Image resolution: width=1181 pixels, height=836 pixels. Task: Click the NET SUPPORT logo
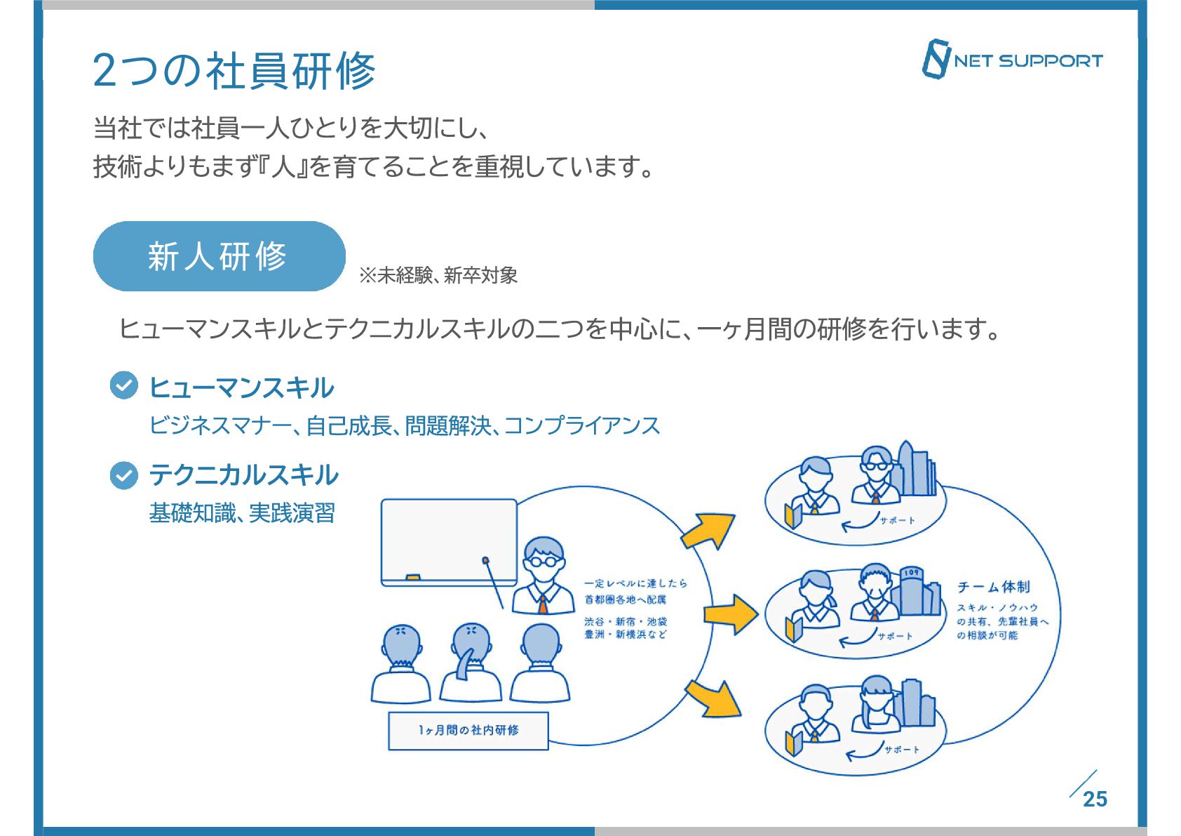(x=1011, y=60)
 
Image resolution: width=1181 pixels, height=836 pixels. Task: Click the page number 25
(x=1094, y=799)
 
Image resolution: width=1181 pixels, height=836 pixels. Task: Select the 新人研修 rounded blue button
(x=219, y=256)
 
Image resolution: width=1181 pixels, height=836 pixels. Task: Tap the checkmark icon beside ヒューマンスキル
(x=124, y=385)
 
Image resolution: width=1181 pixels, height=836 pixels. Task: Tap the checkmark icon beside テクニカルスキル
(x=124, y=475)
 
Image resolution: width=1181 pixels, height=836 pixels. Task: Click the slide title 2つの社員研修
(x=234, y=71)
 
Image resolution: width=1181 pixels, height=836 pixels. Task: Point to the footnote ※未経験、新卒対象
(x=438, y=275)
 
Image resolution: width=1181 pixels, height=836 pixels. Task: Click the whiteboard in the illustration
(x=449, y=541)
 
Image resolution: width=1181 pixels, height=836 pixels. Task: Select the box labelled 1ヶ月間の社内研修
(x=468, y=731)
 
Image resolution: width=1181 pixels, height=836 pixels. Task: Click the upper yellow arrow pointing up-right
(x=708, y=530)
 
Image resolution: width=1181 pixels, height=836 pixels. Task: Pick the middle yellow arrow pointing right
(x=731, y=614)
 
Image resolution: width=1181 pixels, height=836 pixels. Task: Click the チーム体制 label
(x=994, y=587)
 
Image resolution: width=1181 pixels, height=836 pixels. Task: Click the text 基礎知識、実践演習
(x=242, y=513)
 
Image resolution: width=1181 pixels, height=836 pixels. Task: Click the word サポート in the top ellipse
(x=897, y=520)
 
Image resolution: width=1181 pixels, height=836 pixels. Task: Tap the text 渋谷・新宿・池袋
(x=626, y=621)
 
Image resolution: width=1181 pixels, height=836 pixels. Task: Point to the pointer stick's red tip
(x=485, y=560)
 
